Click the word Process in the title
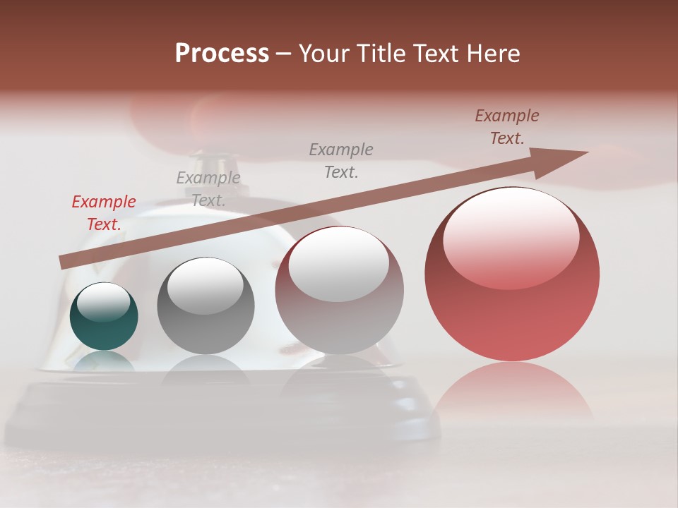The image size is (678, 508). click(222, 54)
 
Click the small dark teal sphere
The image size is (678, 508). click(104, 317)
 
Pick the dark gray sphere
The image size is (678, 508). click(206, 306)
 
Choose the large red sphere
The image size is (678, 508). click(512, 274)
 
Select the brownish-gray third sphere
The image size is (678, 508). click(339, 290)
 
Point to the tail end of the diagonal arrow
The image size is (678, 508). click(65, 262)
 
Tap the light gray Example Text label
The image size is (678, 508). click(208, 189)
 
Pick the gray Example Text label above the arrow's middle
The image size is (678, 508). click(341, 160)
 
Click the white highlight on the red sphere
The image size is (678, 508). click(511, 238)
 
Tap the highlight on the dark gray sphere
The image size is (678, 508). click(205, 285)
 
